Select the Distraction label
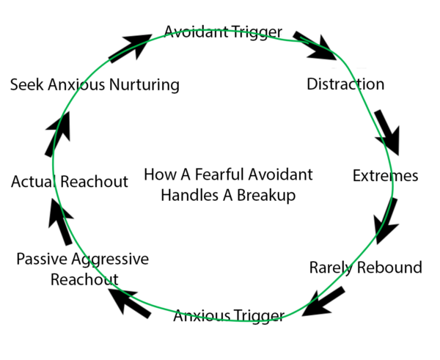pyautogui.click(x=345, y=84)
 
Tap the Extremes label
pyautogui.click(x=385, y=176)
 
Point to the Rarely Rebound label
pyautogui.click(x=366, y=268)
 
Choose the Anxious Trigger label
pyautogui.click(x=229, y=316)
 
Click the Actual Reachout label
pyautogui.click(x=70, y=181)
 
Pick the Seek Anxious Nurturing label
pyautogui.click(x=95, y=85)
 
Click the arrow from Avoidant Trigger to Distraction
pyautogui.click(x=315, y=46)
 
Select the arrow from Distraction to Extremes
pyautogui.click(x=387, y=132)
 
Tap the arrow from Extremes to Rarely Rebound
pyautogui.click(x=386, y=221)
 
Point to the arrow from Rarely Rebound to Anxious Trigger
pyautogui.click(x=323, y=302)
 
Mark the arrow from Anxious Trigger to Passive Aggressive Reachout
pyautogui.click(x=130, y=303)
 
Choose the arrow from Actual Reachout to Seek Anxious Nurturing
pyautogui.click(x=58, y=134)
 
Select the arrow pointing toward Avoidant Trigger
pyautogui.click(x=131, y=48)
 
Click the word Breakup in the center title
pyautogui.click(x=266, y=196)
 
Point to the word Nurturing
pyautogui.click(x=144, y=85)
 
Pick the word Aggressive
pyautogui.click(x=110, y=260)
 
